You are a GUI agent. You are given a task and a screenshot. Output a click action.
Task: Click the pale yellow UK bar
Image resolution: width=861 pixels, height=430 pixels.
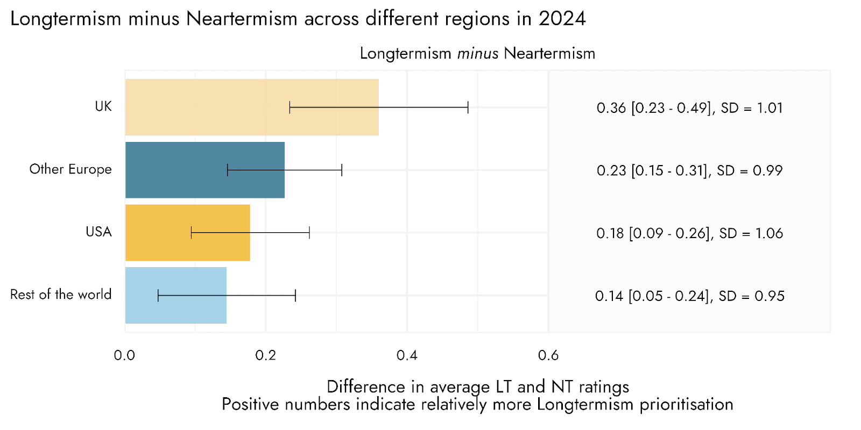(x=252, y=107)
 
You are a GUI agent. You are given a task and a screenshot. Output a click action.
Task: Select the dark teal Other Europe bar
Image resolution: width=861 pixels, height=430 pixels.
(x=205, y=170)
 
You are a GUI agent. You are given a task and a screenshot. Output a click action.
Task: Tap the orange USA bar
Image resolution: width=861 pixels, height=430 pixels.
(x=188, y=233)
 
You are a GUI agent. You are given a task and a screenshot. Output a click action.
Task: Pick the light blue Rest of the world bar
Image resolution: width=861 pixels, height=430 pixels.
(x=175, y=295)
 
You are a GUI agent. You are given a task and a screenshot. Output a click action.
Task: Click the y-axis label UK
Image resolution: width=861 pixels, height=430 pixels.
(x=103, y=106)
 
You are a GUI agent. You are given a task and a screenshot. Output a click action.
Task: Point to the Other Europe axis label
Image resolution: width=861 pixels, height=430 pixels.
(x=70, y=169)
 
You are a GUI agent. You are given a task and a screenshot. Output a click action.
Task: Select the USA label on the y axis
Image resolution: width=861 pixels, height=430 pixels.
(x=99, y=232)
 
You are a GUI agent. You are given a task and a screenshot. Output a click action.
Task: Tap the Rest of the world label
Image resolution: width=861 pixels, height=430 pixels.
(x=61, y=295)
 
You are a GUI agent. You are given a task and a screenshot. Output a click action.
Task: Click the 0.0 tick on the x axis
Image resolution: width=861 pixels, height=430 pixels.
(x=124, y=355)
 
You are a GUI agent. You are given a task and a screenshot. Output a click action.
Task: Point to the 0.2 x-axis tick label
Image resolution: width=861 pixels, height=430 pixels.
(x=266, y=355)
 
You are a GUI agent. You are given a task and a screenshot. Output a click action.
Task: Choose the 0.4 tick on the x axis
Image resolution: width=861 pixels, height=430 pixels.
(x=407, y=355)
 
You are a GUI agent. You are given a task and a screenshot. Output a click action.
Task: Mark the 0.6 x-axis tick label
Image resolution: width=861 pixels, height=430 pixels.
(x=548, y=355)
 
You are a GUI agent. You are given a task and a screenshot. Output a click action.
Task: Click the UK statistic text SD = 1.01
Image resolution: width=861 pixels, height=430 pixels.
(x=752, y=108)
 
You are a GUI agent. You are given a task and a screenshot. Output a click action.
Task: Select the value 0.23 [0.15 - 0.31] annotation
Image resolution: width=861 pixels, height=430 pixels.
(x=652, y=170)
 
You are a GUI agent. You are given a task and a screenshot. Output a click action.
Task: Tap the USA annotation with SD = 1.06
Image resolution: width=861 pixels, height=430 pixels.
(x=689, y=233)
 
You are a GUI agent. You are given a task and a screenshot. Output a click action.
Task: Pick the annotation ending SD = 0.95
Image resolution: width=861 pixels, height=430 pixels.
(x=689, y=296)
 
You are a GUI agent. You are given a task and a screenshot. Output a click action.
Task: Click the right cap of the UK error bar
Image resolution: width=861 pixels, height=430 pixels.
(x=468, y=107)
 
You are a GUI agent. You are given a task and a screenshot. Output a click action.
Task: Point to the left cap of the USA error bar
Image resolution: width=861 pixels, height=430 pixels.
(x=192, y=233)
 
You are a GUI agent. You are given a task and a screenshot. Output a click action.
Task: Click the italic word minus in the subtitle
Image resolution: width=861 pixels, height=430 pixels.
(x=478, y=53)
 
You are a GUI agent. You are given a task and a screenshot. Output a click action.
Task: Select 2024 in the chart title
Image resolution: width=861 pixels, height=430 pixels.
(x=562, y=18)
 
